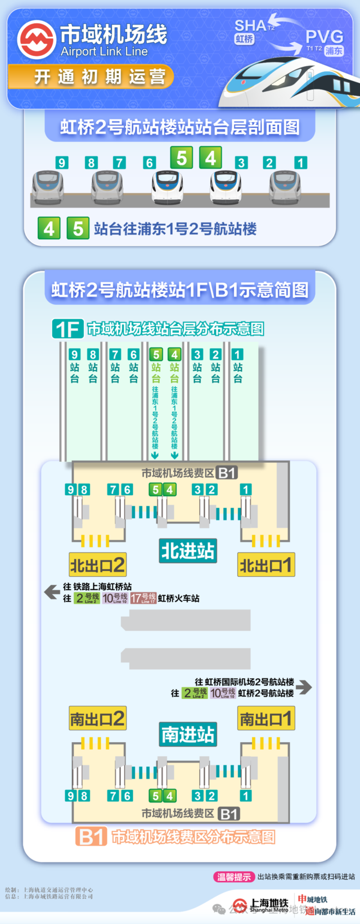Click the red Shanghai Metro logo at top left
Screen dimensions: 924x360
36,40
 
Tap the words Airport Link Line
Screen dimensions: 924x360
104,52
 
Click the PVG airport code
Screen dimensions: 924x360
323,37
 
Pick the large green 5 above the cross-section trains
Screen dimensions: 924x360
181,158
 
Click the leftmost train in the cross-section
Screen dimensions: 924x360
47,186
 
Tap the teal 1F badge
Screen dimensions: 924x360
67,329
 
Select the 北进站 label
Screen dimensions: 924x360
188,550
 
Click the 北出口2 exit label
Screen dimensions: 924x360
97,564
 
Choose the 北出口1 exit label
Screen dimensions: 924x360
265,564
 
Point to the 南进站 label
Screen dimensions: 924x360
188,734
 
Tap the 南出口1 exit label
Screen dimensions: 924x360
265,719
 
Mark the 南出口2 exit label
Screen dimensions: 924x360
97,719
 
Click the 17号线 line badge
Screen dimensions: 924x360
143,598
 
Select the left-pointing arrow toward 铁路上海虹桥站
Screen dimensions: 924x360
52,591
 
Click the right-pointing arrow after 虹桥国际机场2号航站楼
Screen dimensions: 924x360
304,687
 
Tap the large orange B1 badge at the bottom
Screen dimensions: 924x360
91,837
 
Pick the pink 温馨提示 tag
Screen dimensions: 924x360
234,877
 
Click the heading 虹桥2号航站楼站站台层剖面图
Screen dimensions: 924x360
180,127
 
